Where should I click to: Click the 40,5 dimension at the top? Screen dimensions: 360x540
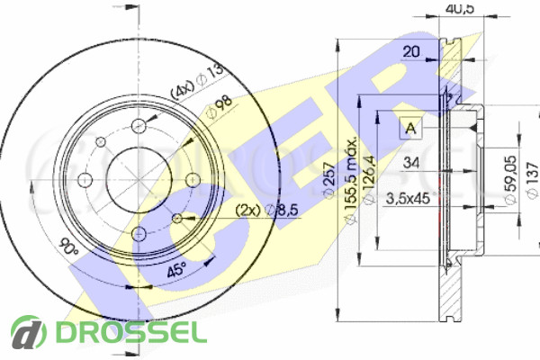460,9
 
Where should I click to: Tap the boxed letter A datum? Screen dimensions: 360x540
410,127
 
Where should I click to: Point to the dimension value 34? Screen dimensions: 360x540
410,163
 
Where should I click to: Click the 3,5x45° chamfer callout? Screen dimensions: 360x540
407,199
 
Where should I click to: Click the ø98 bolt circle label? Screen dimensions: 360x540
219,108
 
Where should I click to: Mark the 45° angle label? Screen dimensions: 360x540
177,268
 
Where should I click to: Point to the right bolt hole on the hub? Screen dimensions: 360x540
192,181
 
